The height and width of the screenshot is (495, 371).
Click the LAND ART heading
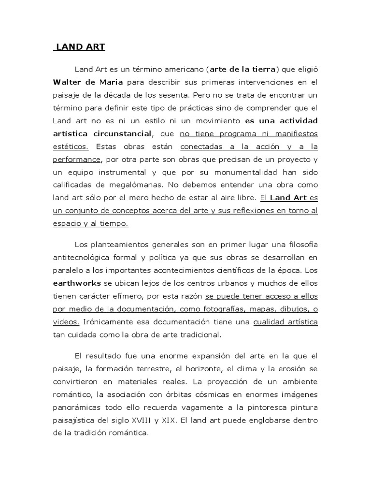(80, 47)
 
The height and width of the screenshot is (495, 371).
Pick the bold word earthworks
(76, 283)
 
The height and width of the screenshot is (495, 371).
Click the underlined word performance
(75, 159)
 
